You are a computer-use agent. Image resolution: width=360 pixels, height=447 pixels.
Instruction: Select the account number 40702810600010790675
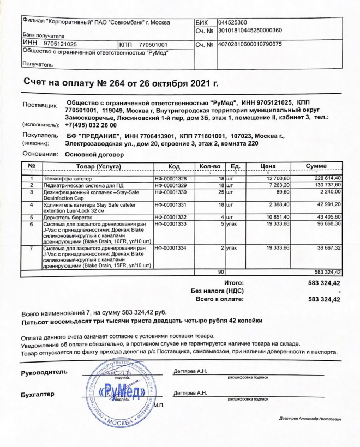249,44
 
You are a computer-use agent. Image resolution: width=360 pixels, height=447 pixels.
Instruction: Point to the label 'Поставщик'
39,104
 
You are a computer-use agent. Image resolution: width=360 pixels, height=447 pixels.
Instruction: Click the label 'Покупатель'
39,135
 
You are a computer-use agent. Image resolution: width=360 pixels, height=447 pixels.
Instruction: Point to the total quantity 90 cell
221,271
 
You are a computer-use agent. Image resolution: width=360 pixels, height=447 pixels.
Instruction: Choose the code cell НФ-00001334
171,248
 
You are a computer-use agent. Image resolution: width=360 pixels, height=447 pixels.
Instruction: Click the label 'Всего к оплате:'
219,299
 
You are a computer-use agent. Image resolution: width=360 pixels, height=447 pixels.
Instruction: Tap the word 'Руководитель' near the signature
44,373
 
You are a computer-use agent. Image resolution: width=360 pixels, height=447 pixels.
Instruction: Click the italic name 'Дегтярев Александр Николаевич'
309,419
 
